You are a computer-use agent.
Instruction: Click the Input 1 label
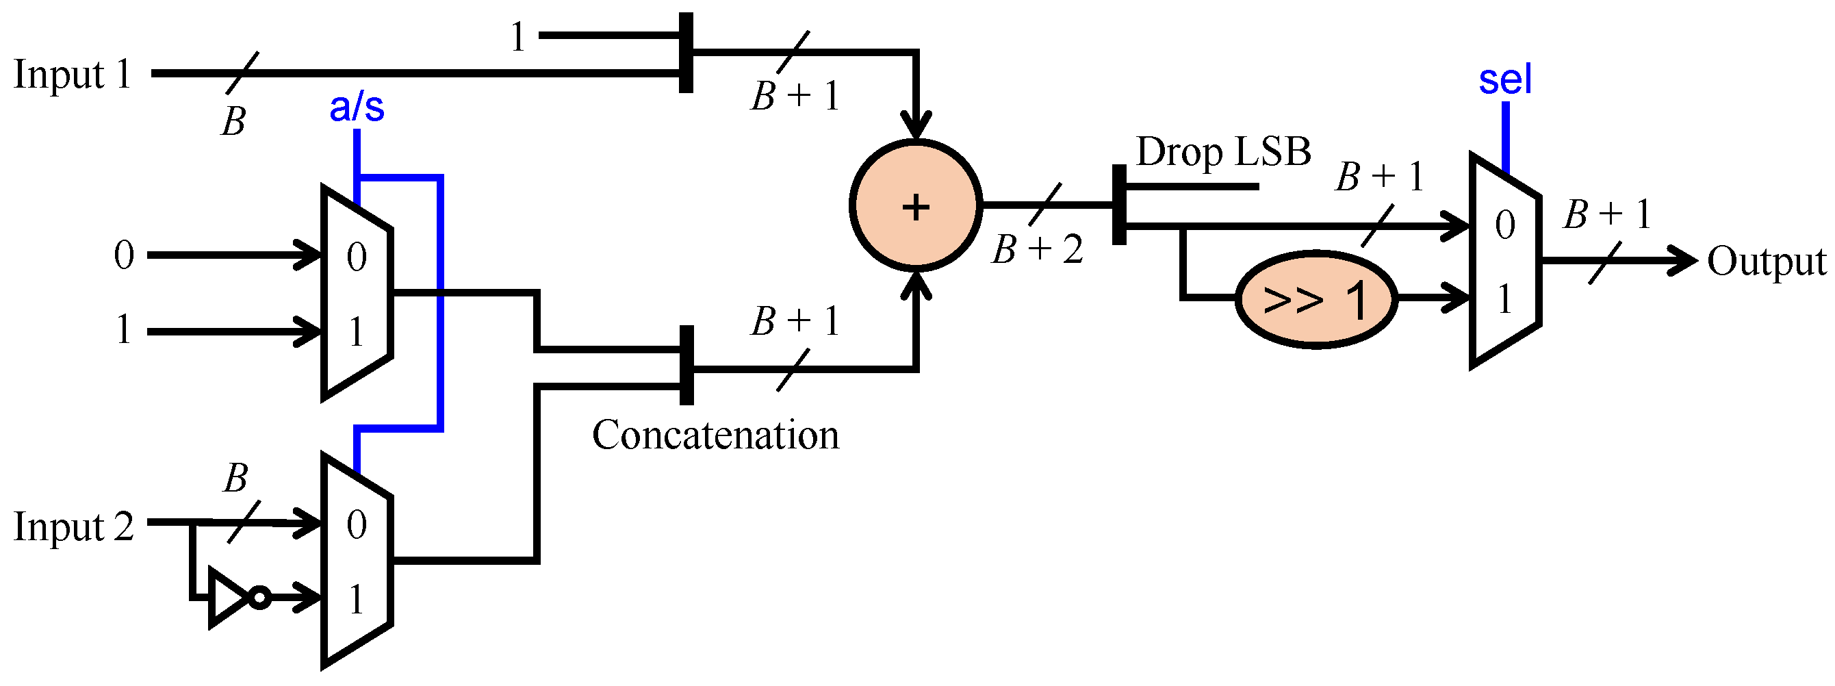click(73, 74)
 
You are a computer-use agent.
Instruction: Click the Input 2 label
click(73, 528)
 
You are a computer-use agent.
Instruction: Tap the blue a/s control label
click(356, 107)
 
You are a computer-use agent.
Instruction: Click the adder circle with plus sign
click(915, 206)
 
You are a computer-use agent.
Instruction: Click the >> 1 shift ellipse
click(1315, 299)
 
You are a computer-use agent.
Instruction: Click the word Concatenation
click(715, 435)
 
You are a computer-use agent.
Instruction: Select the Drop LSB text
click(1223, 152)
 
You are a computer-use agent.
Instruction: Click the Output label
click(1766, 262)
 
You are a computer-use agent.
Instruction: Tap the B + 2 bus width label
click(1036, 249)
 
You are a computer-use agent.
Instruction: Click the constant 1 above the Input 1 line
click(518, 37)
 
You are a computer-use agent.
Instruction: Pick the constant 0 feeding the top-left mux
click(124, 255)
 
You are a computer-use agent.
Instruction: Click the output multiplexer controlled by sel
click(1505, 262)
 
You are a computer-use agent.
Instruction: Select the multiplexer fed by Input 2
click(356, 561)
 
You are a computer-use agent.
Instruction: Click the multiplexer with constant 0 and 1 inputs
click(356, 294)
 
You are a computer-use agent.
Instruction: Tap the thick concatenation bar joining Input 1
click(685, 53)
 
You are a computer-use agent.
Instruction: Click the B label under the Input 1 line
click(233, 122)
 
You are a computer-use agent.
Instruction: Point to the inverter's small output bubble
click(261, 597)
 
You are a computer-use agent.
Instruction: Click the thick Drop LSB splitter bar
click(1119, 205)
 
